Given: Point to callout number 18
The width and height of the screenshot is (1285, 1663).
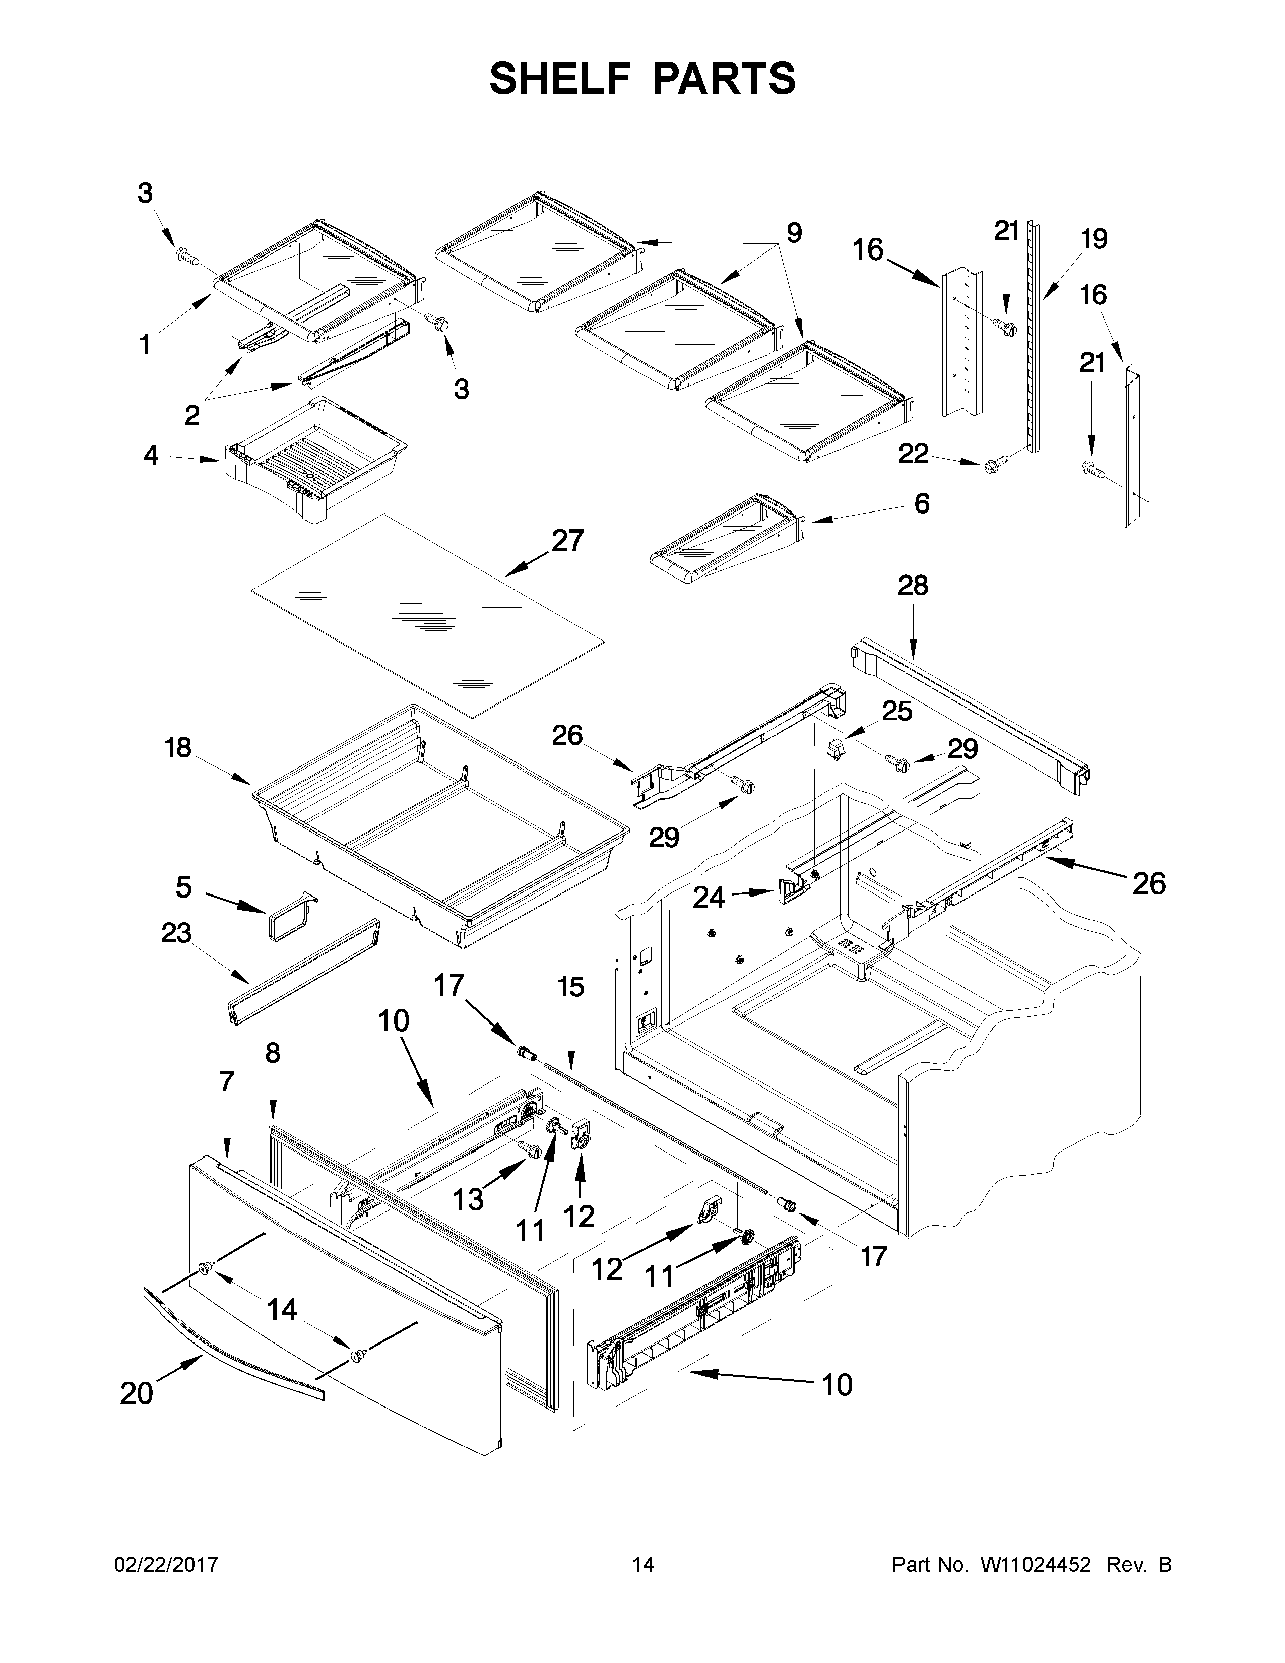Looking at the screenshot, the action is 177,748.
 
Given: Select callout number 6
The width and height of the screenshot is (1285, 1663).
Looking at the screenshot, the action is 921,503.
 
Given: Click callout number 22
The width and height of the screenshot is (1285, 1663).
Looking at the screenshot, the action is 914,454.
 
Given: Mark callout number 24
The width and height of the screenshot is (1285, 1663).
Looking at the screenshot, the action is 709,899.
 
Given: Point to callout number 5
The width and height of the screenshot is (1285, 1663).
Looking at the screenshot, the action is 183,887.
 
